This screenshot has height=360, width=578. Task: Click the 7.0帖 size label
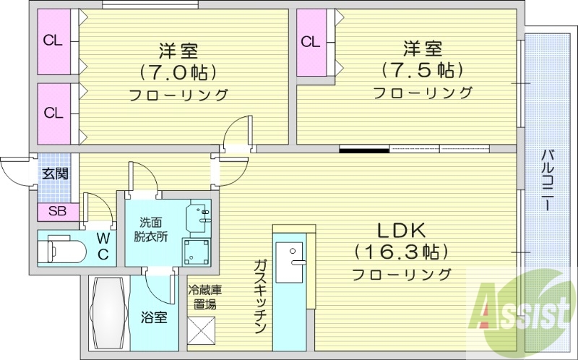pyautogui.click(x=178, y=72)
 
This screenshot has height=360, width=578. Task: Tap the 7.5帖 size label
pyautogui.click(x=422, y=71)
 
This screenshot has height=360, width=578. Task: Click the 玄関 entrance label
pyautogui.click(x=54, y=173)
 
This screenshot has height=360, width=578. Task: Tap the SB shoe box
pyautogui.click(x=54, y=212)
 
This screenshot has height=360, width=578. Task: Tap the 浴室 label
pyautogui.click(x=154, y=317)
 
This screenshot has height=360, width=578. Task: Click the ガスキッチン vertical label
pyautogui.click(x=259, y=296)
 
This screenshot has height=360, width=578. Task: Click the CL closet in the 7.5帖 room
pyautogui.click(x=311, y=41)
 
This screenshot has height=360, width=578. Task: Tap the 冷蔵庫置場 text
pyautogui.click(x=204, y=296)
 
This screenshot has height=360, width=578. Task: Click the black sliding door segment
pyautogui.click(x=365, y=150)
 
